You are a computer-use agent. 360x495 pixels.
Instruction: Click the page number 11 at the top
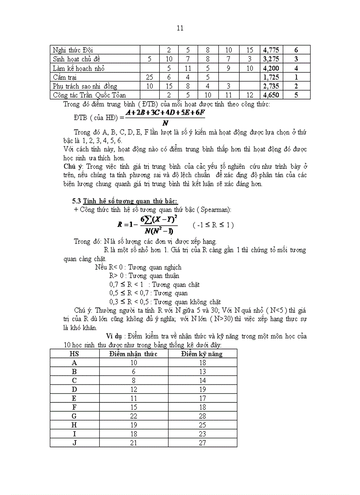180,28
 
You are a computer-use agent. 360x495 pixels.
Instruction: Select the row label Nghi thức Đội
73,50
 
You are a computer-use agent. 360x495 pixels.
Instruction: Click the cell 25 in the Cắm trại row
149,77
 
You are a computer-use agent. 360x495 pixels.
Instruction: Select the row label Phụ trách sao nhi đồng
85,86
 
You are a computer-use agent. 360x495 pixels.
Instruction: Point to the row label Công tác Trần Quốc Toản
89,95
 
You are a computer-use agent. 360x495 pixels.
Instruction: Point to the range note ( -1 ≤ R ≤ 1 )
213,225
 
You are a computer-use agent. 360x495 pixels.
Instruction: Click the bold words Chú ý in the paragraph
73,167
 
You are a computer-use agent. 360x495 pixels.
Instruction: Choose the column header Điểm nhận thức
134,354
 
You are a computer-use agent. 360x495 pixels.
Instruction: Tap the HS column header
75,354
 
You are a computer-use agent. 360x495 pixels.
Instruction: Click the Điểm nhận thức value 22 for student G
134,416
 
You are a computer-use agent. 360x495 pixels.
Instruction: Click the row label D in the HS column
75,389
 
